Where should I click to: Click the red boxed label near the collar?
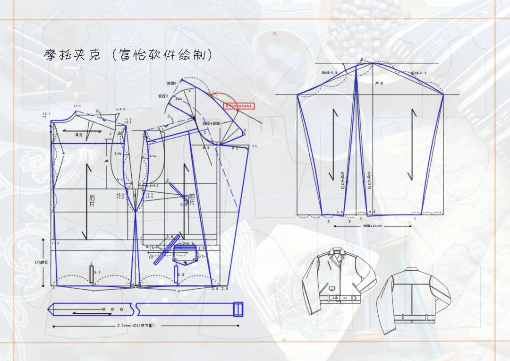239,106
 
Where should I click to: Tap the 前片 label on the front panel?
191,199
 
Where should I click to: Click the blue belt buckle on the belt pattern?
238,309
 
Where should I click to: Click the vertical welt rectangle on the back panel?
91,274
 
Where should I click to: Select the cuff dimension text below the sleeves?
373,226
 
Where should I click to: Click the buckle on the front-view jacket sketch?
338,298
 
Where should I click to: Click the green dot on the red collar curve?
229,95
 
